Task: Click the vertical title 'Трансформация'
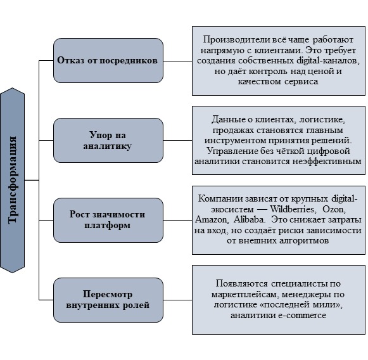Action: pos(12,180)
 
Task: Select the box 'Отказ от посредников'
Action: pos(108,61)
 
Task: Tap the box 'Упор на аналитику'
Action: pos(108,141)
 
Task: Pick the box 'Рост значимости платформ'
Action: pos(108,221)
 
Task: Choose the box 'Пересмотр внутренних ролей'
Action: pos(108,300)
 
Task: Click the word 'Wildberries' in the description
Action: pos(292,209)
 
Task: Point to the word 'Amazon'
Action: pos(211,219)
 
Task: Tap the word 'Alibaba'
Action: pos(250,219)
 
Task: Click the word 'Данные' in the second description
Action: pos(227,120)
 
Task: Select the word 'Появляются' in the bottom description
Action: pos(242,284)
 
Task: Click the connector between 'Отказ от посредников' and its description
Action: pos(177,61)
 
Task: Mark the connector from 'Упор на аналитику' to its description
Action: pos(177,141)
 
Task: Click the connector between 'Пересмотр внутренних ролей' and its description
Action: pos(177,300)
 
